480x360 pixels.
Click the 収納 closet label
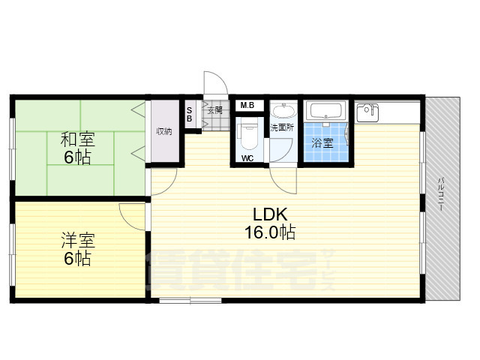click(x=164, y=131)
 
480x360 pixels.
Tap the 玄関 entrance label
click(x=214, y=110)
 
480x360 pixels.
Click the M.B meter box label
click(x=247, y=106)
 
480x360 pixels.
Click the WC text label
click(x=247, y=159)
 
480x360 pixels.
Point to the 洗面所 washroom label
click(x=283, y=127)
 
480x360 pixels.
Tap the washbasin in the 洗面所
click(x=283, y=112)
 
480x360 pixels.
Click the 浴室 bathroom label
click(x=323, y=142)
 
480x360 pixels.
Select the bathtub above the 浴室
click(x=325, y=112)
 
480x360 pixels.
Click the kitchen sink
click(x=367, y=112)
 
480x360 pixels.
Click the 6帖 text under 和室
click(x=76, y=157)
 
